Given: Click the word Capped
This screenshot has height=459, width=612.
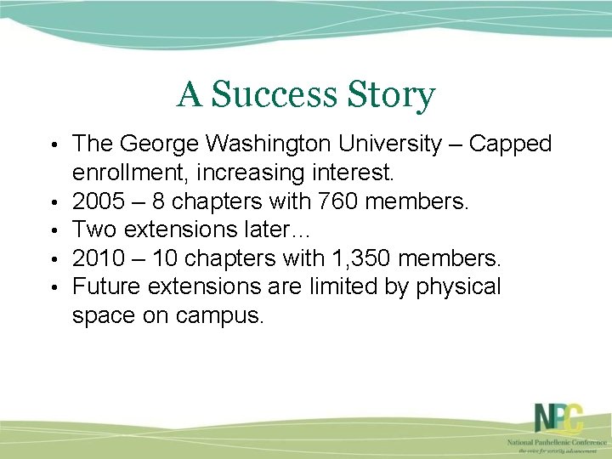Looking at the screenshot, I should click(510, 144).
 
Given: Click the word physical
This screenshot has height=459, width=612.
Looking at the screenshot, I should click(458, 287).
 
